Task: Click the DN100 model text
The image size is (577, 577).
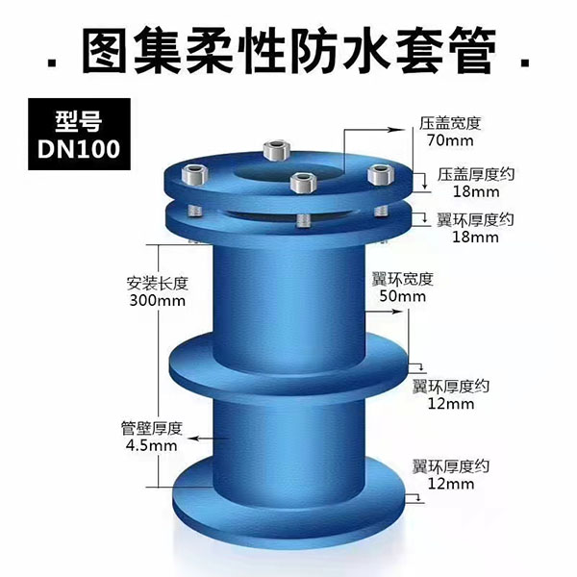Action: tap(79, 149)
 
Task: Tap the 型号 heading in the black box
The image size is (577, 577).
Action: tap(79, 121)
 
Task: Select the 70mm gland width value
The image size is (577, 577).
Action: tap(450, 140)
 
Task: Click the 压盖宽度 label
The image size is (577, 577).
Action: tap(450, 123)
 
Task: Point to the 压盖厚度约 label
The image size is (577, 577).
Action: tap(476, 174)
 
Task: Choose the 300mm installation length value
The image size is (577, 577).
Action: tap(158, 301)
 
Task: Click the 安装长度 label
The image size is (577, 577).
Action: tap(158, 284)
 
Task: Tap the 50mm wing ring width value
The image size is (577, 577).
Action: tap(403, 296)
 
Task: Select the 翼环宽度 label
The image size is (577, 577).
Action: tap(403, 279)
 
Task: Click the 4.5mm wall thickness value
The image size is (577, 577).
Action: tap(152, 445)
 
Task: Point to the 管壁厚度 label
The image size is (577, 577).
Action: tap(152, 428)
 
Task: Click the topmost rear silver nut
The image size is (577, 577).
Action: tap(277, 150)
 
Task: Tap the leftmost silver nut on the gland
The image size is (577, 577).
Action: tap(195, 175)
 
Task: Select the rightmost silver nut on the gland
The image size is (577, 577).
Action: tap(381, 175)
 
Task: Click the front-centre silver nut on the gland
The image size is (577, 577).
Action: tap(303, 183)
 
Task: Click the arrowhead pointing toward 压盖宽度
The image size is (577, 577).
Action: tap(398, 130)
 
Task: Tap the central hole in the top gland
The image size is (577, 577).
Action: tap(290, 172)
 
